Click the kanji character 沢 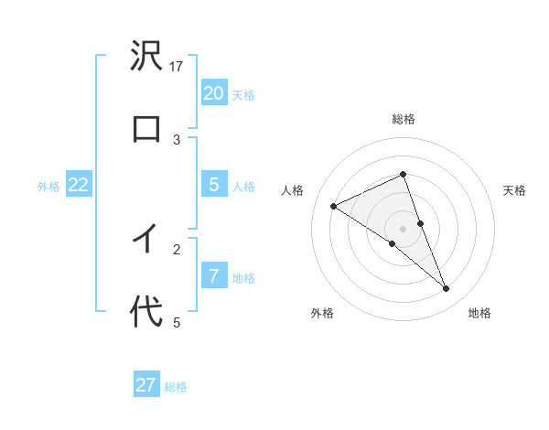146,56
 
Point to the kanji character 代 146,311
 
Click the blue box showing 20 213,93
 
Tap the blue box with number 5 213,185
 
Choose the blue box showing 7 213,276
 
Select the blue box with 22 78,185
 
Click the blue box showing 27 146,385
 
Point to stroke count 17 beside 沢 178,66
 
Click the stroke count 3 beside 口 178,139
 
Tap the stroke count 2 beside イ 178,248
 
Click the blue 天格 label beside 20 243,95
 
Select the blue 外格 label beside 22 48,187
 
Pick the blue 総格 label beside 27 176,387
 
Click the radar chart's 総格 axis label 403,119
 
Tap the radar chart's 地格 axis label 479,313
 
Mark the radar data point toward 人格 334,206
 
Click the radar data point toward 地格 447,289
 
